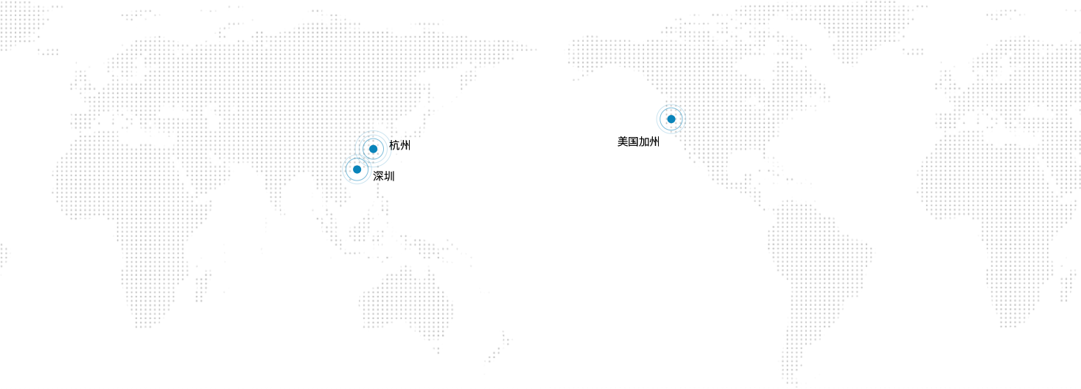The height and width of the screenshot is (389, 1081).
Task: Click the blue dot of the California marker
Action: [671, 119]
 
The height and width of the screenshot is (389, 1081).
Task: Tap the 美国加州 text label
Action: [637, 141]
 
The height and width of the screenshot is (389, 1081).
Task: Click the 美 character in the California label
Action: [622, 141]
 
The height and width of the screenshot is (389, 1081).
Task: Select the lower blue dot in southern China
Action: [357, 169]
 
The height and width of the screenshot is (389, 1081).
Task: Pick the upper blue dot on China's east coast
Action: [374, 149]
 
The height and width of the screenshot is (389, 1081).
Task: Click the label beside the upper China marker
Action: [399, 145]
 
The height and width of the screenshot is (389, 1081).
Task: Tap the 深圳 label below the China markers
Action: [385, 176]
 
